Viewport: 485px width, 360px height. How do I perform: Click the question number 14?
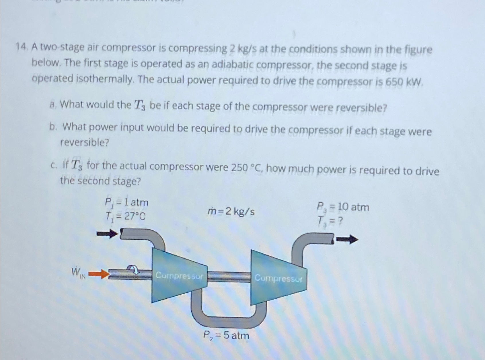click(21, 47)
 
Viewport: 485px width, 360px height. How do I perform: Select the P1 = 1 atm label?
click(126, 203)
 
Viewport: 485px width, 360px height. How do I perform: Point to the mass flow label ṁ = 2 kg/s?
click(231, 212)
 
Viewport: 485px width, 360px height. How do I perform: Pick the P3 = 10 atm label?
click(343, 207)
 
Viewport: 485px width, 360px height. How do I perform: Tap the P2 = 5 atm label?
click(226, 335)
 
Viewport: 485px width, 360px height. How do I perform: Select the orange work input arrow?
click(99, 274)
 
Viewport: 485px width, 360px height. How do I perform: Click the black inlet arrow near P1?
click(107, 234)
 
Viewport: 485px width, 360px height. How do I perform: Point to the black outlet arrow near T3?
click(347, 240)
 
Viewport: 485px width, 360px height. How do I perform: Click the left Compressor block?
click(179, 276)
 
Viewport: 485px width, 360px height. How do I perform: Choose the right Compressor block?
click(278, 278)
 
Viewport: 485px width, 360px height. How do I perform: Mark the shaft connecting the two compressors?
click(229, 277)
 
